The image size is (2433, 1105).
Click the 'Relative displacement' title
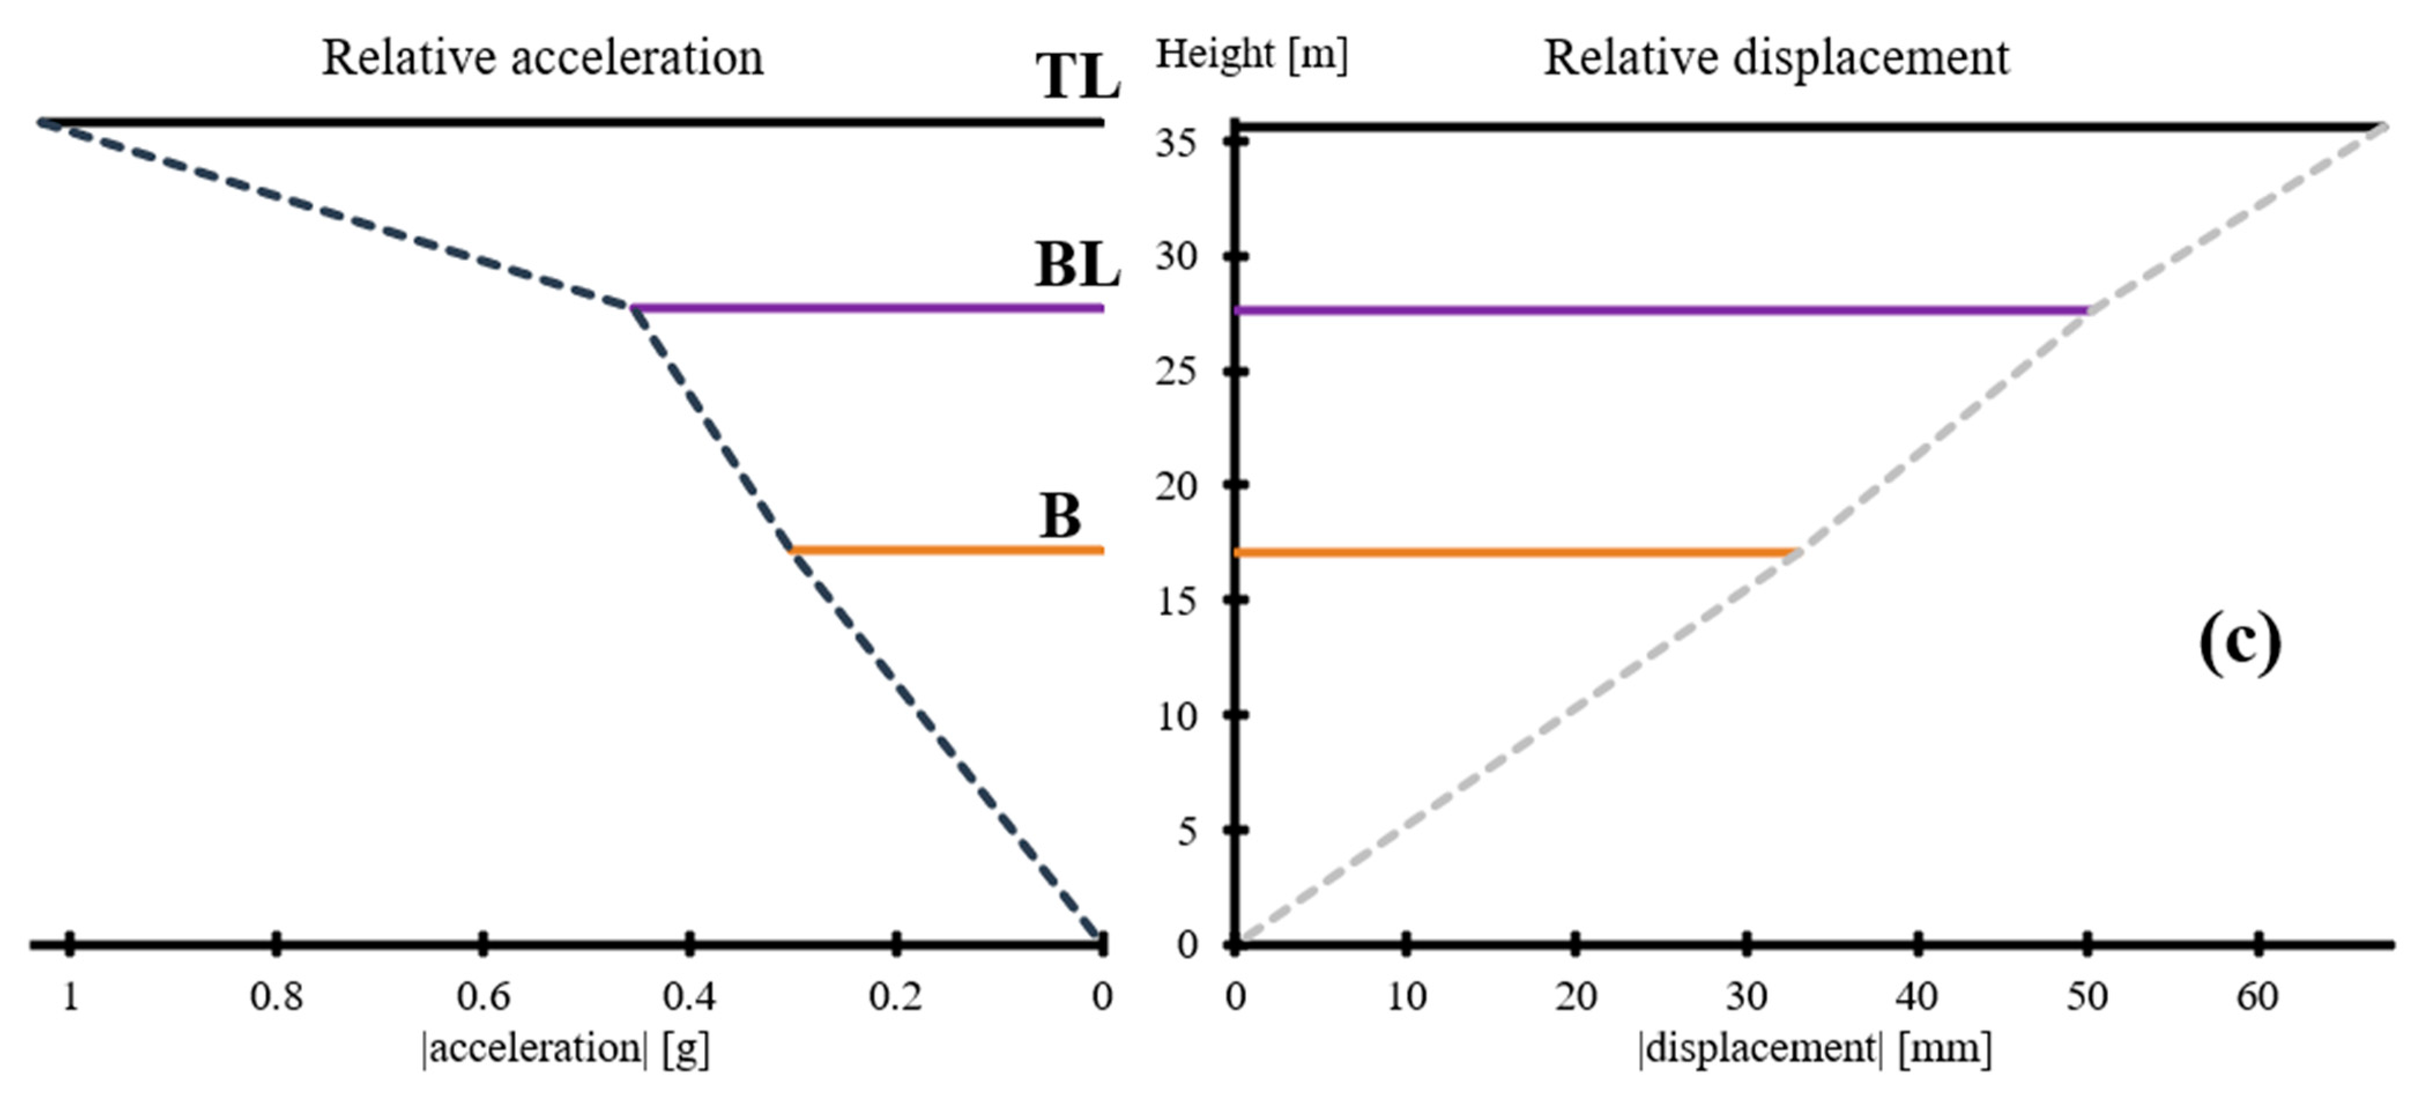[x=1775, y=58]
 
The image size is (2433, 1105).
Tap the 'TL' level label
[x=1077, y=76]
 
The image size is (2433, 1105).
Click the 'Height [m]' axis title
[x=1251, y=54]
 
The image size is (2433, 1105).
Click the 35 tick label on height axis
[x=1176, y=143]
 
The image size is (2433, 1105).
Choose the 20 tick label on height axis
[x=1176, y=487]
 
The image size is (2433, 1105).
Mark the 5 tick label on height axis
[x=1186, y=831]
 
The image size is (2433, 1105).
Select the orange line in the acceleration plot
[x=945, y=550]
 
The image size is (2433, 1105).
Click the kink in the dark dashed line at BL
[x=631, y=307]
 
